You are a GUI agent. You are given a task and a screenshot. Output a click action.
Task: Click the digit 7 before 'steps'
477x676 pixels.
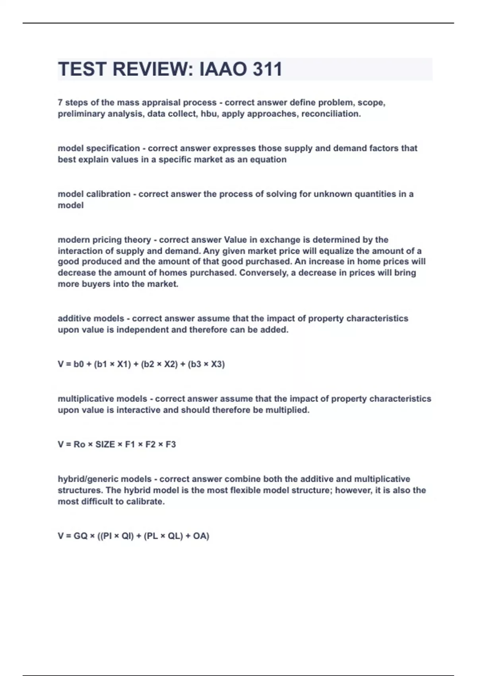pos(60,103)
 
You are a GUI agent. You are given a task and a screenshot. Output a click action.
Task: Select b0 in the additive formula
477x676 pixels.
pos(79,364)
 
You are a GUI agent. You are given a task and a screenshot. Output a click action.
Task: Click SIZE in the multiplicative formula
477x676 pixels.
pos(105,445)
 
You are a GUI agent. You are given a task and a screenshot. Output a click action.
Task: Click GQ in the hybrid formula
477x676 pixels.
pos(80,536)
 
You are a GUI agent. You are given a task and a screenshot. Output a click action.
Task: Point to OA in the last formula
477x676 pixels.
pos(199,536)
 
